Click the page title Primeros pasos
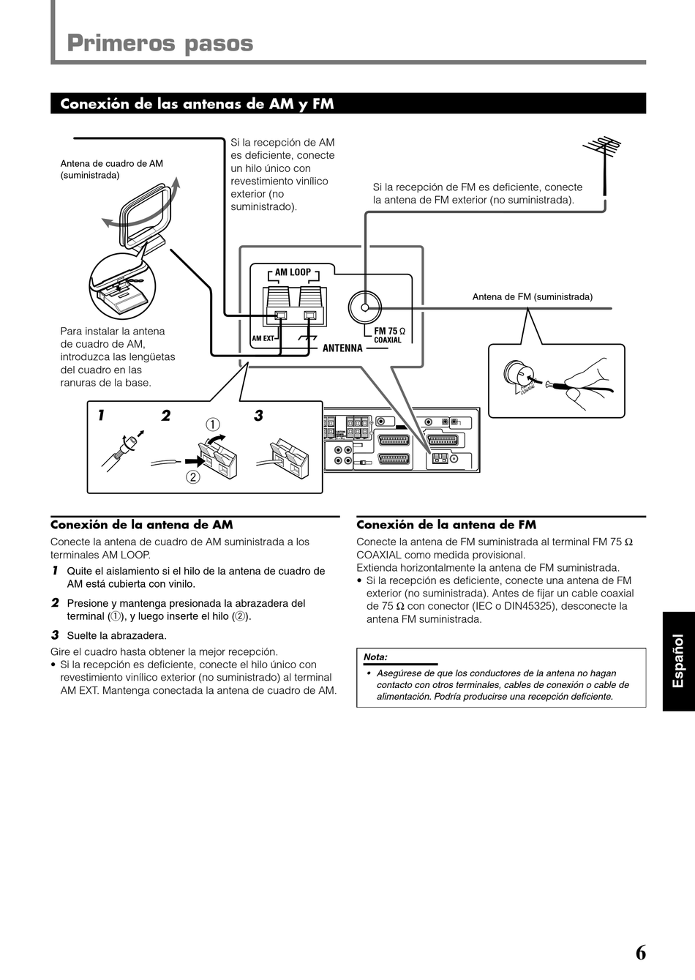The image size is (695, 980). tap(159, 43)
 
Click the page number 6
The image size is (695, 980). tap(640, 952)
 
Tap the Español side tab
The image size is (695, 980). tap(678, 661)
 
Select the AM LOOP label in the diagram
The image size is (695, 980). tap(293, 272)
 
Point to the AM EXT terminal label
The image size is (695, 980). tap(262, 339)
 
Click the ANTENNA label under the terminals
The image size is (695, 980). tap(342, 348)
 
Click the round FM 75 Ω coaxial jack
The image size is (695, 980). tap(365, 307)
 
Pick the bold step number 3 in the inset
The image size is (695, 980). tap(258, 416)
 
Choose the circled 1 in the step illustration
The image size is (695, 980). tap(212, 424)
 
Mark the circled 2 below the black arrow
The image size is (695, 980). tap(192, 477)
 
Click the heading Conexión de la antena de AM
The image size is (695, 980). tap(141, 525)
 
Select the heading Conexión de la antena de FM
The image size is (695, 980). tap(446, 525)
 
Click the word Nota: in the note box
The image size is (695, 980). tap(375, 657)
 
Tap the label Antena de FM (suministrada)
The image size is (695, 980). tap(532, 297)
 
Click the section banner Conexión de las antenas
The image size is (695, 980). tap(197, 104)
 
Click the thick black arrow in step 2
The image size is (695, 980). tap(193, 462)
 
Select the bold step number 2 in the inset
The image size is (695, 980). tap(166, 416)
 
